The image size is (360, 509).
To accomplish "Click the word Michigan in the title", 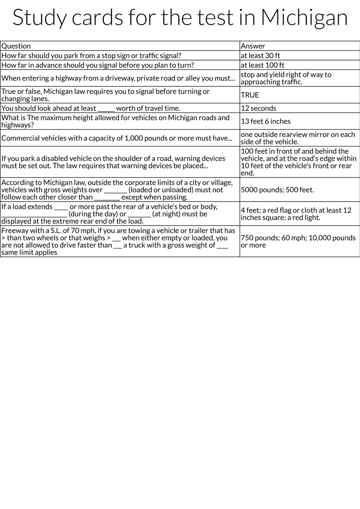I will pyautogui.click(x=304, y=18).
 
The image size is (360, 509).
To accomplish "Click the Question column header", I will pyautogui.click(x=16, y=46).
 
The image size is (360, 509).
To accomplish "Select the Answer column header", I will pyautogui.click(x=253, y=46).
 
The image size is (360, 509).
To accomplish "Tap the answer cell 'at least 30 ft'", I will pyautogui.click(x=260, y=56).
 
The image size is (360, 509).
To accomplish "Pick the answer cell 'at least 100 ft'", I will pyautogui.click(x=262, y=65).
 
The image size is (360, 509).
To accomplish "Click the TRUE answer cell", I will pyautogui.click(x=250, y=95).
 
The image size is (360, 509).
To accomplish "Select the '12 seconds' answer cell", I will pyautogui.click(x=258, y=108).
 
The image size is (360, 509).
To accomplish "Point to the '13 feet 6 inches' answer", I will pyautogui.click(x=265, y=121).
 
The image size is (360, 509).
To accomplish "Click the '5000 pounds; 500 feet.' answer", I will pyautogui.click(x=277, y=190).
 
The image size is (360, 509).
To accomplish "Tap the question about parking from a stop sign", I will pyautogui.click(x=91, y=56).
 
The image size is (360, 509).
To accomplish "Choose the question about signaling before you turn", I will pyautogui.click(x=98, y=65).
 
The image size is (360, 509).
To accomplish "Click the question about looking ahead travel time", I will pyautogui.click(x=91, y=108).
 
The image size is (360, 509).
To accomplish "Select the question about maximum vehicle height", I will pyautogui.click(x=115, y=121).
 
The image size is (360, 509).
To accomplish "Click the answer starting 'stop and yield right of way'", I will pyautogui.click(x=286, y=78).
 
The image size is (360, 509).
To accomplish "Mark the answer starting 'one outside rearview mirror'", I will pyautogui.click(x=298, y=138).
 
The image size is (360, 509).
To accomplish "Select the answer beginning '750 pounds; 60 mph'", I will pyautogui.click(x=298, y=241).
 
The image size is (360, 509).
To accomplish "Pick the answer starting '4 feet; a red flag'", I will pyautogui.click(x=296, y=214).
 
